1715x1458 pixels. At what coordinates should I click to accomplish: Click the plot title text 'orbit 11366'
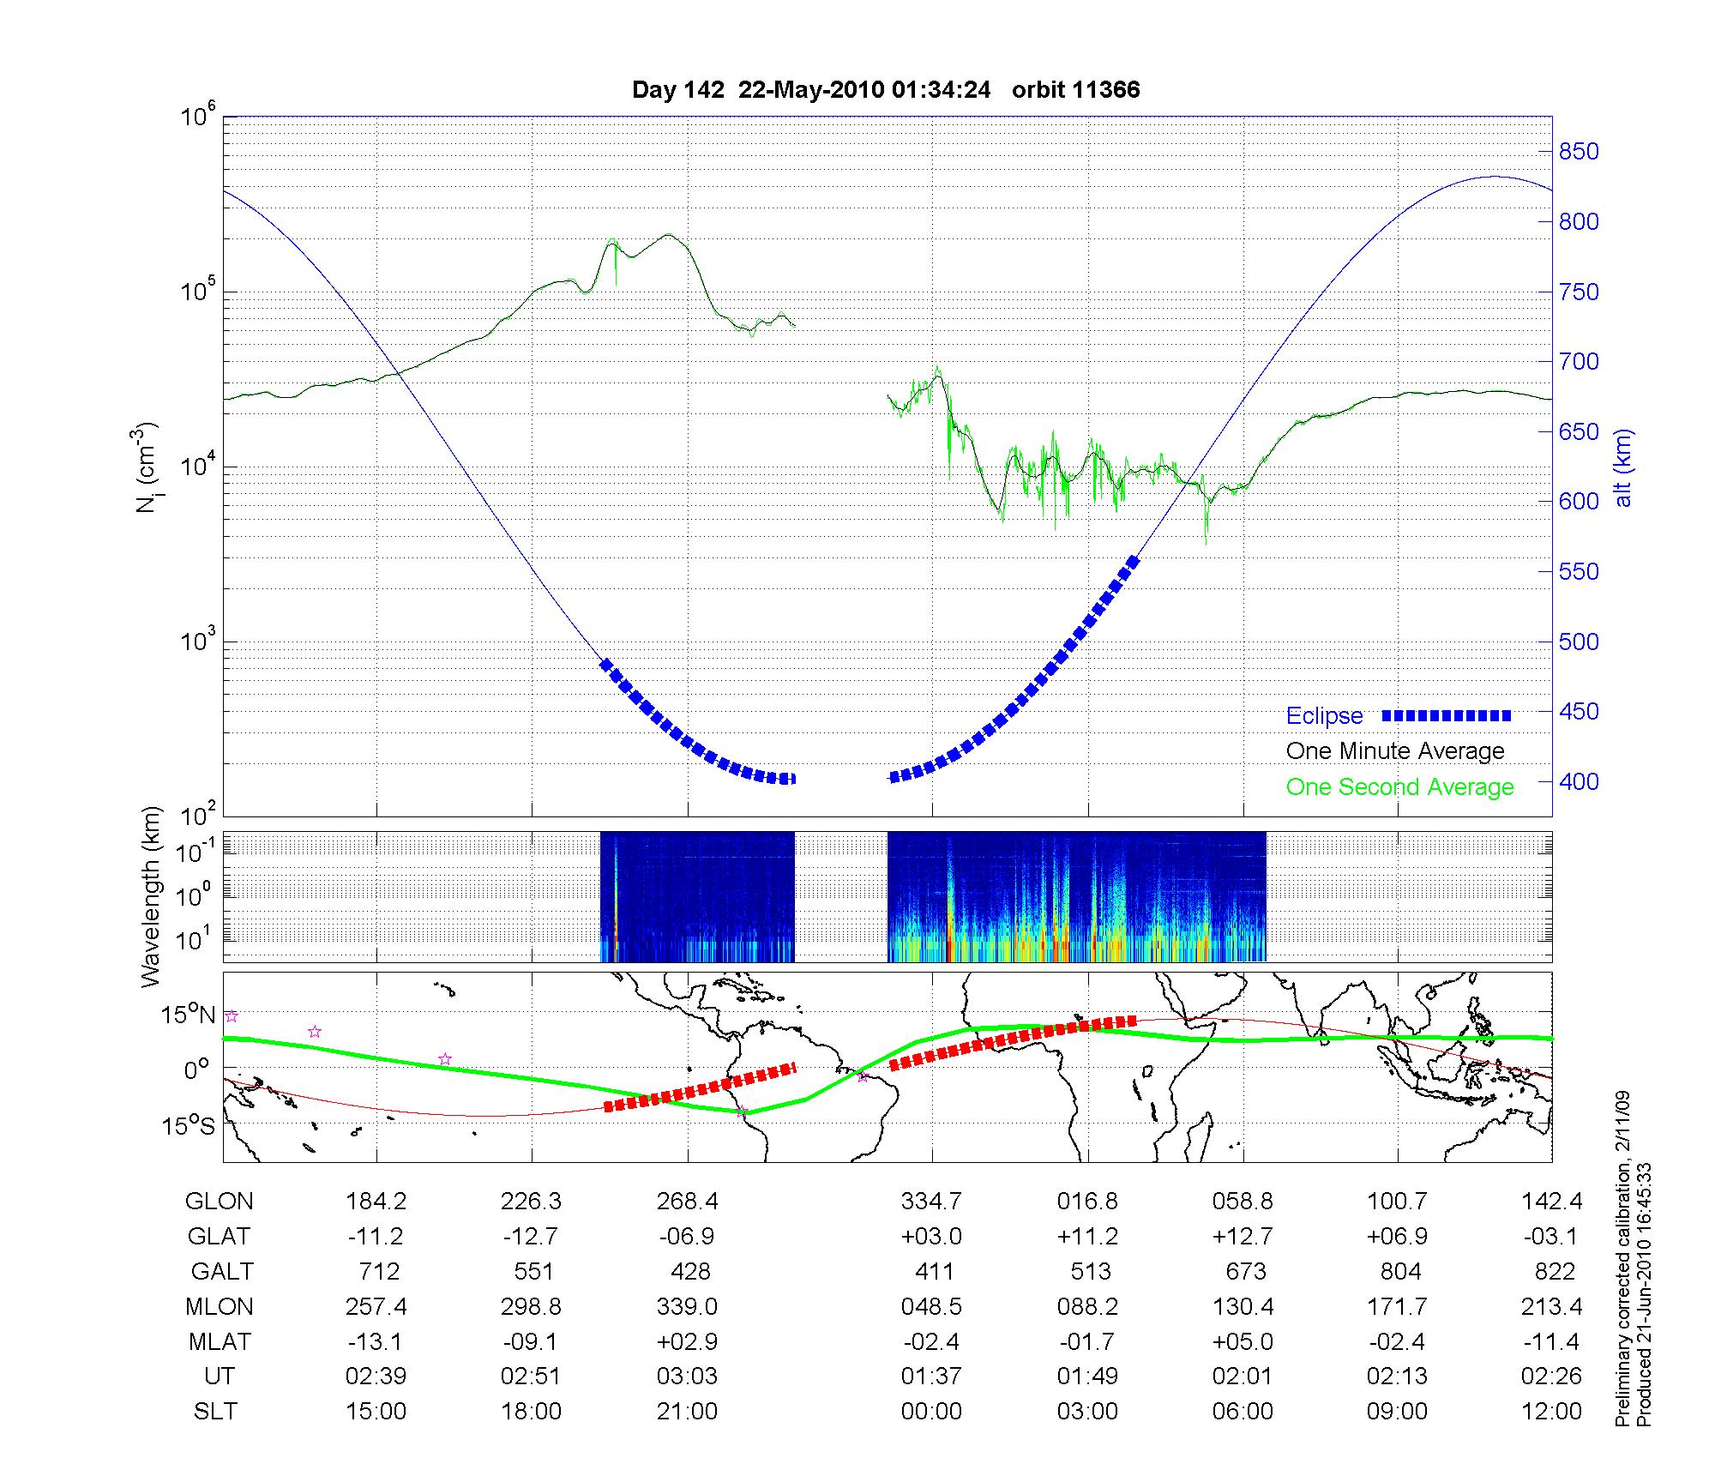click(x=1075, y=90)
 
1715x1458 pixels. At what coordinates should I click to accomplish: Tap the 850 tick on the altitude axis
click(x=1579, y=152)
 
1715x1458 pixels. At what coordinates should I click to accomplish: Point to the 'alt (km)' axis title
click(x=1623, y=467)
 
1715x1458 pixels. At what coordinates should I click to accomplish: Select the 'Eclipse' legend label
click(x=1324, y=715)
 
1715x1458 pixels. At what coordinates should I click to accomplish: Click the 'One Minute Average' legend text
click(x=1395, y=751)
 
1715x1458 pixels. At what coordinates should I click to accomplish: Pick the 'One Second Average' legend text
click(x=1399, y=787)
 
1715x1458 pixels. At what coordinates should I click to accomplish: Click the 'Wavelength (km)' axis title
click(x=151, y=897)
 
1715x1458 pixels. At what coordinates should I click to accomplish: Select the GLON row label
click(x=219, y=1202)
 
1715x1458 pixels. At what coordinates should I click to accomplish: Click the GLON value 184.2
click(x=376, y=1202)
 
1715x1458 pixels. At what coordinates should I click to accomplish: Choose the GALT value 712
click(x=378, y=1271)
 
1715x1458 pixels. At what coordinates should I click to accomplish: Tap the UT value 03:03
click(x=687, y=1377)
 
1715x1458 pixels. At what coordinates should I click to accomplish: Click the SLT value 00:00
click(x=931, y=1412)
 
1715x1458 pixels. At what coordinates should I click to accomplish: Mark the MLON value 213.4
click(x=1551, y=1307)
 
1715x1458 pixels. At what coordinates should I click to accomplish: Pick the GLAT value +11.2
click(x=1087, y=1237)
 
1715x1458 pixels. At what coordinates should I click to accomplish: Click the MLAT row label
click(x=219, y=1341)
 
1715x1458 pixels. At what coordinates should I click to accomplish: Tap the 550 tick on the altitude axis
click(x=1579, y=572)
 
